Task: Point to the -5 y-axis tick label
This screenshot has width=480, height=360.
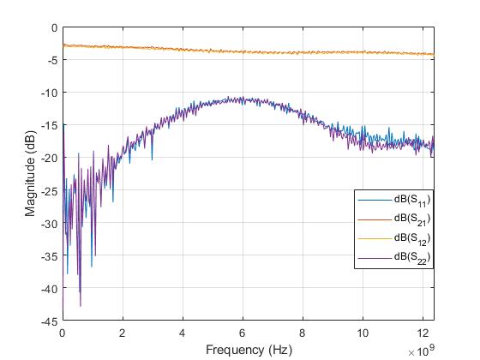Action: [x=52, y=60]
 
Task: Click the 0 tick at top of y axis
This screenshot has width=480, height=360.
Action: [x=55, y=27]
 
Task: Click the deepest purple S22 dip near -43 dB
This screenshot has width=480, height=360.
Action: [x=81, y=305]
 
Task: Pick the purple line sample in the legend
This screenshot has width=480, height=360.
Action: [x=374, y=256]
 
